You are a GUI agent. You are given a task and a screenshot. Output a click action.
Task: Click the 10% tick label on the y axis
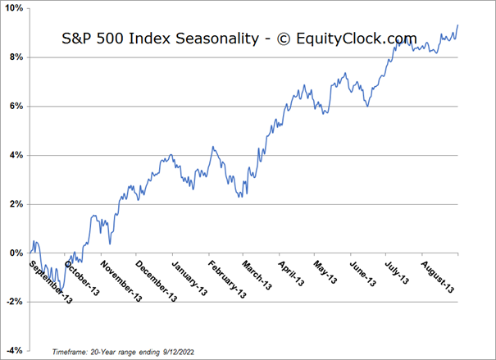[x=13, y=8]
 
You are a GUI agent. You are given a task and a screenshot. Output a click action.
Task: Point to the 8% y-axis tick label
[x=16, y=57]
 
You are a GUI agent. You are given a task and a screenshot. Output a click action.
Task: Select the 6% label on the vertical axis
[x=16, y=106]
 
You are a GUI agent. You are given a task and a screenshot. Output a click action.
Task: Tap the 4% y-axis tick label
[x=16, y=155]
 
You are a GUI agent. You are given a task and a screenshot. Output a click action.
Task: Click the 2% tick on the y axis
[x=16, y=204]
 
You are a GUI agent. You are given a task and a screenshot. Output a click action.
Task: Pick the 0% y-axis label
[x=16, y=253]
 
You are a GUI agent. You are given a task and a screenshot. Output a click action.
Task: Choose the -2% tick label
[x=14, y=302]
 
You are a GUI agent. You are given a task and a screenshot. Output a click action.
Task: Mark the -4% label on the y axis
[x=14, y=351]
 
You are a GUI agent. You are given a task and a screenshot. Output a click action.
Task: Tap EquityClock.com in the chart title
[x=361, y=39]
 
